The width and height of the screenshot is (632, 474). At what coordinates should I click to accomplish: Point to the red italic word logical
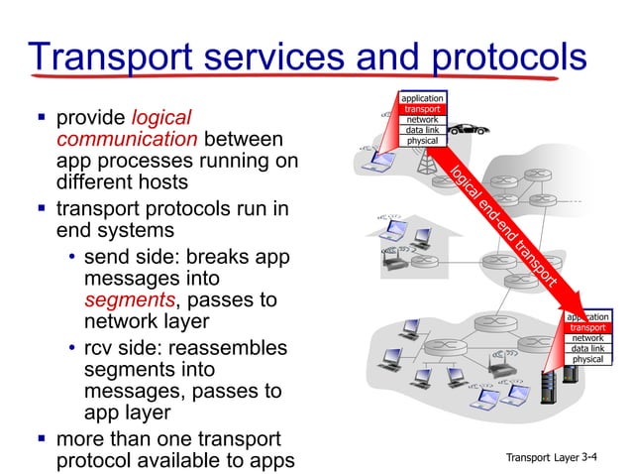tap(160, 118)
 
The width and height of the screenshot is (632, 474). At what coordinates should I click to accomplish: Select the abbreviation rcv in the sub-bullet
tap(101, 349)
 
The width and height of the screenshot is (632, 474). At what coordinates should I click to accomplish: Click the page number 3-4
tap(592, 457)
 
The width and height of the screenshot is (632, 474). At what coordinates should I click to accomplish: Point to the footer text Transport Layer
tap(542, 457)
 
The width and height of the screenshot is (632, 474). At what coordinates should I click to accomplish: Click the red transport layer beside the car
tap(422, 109)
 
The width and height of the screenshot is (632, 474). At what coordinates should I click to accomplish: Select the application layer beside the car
tap(422, 98)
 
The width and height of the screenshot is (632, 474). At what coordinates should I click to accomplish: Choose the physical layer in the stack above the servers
tap(587, 359)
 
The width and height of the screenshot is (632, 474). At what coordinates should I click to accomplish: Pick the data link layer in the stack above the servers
tap(587, 348)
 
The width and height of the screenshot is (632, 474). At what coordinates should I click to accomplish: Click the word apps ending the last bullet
tap(270, 462)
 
